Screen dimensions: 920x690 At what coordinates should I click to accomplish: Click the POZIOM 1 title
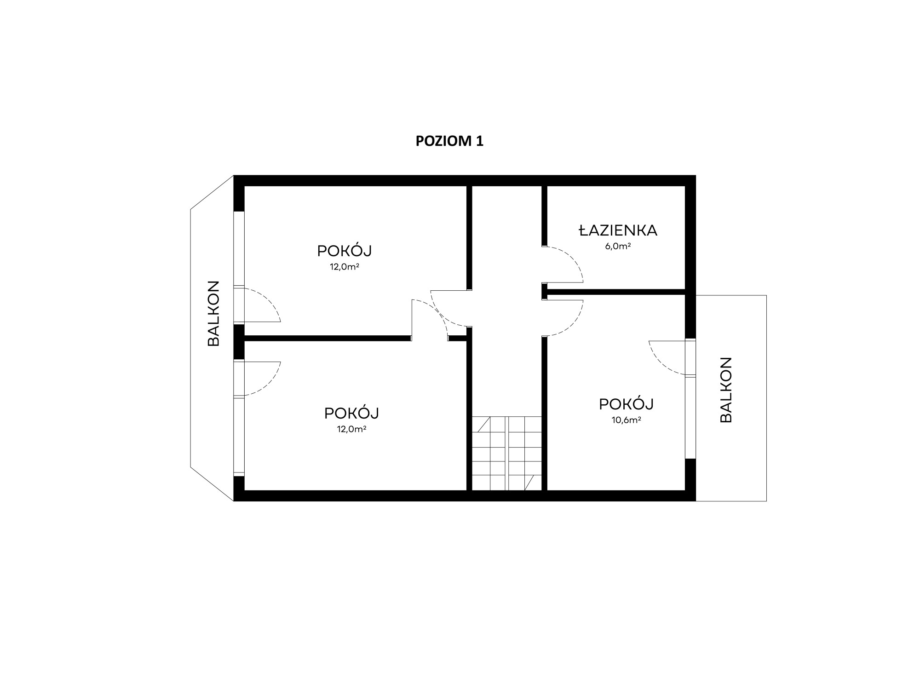tap(449, 141)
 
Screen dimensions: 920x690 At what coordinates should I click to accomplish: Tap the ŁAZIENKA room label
tap(618, 230)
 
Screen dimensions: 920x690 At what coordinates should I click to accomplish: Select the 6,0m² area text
tap(618, 246)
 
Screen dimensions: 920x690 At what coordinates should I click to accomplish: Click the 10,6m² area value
tap(627, 420)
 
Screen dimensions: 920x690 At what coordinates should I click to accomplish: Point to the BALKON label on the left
tap(214, 313)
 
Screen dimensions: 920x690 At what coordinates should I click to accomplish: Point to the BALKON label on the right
tap(725, 390)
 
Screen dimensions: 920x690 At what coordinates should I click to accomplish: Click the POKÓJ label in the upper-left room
tap(345, 251)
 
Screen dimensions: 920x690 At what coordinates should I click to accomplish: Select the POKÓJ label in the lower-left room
tap(351, 413)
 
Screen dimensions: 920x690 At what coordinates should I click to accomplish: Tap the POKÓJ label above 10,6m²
tap(627, 404)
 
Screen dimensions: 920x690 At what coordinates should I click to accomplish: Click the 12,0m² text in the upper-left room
tap(345, 267)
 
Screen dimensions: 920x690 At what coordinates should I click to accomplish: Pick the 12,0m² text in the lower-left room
tap(351, 429)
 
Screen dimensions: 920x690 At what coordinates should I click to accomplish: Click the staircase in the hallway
tap(507, 454)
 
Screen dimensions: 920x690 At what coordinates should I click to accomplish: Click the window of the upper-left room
tap(239, 249)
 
